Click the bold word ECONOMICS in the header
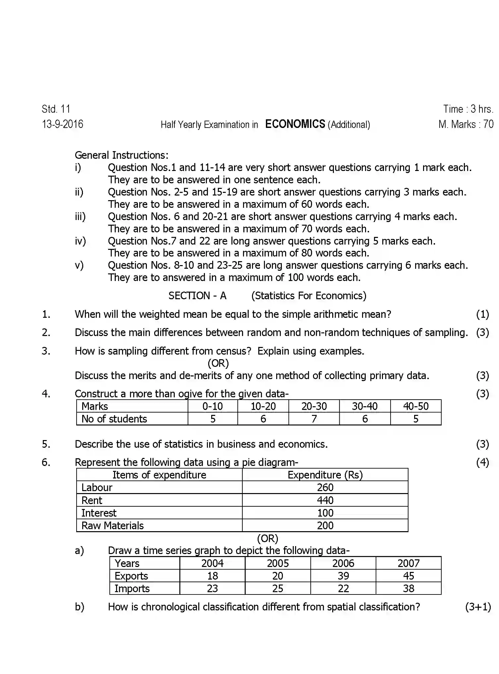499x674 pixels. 295,124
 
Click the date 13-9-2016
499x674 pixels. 62,124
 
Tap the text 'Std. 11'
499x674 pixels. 56,109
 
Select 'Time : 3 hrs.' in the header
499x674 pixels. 468,109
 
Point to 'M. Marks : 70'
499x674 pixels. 466,124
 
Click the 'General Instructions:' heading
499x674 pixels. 121,155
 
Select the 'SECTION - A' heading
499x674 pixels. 197,296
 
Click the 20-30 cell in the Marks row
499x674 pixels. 314,406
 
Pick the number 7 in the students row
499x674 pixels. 314,419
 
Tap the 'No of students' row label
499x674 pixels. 114,419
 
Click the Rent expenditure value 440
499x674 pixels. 325,500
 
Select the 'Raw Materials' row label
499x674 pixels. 112,526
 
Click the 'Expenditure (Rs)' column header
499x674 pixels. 325,475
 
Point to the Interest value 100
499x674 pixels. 325,513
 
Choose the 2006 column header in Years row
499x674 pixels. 343,563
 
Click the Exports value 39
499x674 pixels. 343,576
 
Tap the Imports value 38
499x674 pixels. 408,589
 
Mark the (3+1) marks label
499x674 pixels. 477,607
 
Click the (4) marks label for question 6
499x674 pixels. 482,462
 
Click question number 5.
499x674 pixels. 46,444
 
